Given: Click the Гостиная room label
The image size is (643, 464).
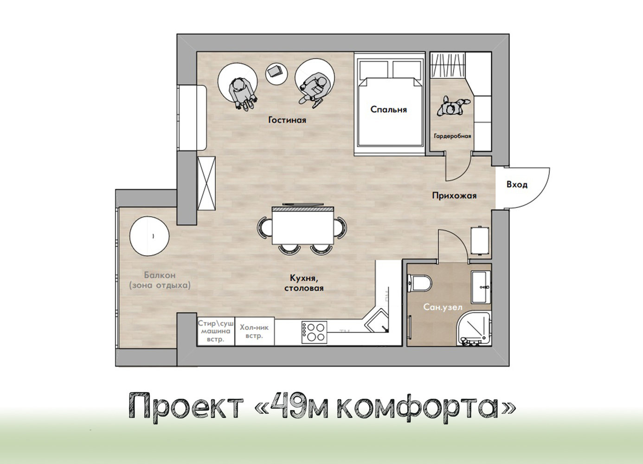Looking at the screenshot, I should pos(287,120).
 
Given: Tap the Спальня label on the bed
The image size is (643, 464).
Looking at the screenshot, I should pos(388,110).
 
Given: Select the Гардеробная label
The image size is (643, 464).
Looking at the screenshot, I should pos(452,136).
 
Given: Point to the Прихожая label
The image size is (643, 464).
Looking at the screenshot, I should pos(454,195).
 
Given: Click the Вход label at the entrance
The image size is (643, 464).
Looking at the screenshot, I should pos(517,185).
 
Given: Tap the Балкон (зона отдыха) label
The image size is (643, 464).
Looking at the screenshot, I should pos(160,280).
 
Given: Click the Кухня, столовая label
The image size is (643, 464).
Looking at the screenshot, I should pos(303,283).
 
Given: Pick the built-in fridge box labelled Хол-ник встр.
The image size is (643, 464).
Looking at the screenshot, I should pos(254,331).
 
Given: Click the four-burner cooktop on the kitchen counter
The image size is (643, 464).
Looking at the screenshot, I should pos(314,332).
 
